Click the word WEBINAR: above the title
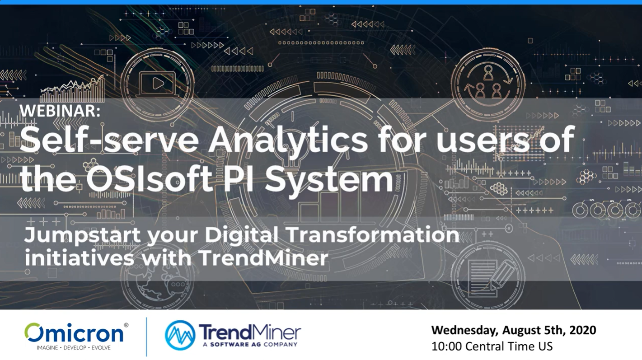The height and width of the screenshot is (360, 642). tap(60, 111)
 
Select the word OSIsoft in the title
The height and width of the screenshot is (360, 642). tap(150, 179)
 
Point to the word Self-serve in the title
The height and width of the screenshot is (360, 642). tap(109, 140)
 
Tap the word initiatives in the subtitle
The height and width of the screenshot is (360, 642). tap(80, 257)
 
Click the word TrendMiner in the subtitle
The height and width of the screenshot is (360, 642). tap(263, 257)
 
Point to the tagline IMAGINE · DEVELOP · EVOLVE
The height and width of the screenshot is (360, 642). tap(74, 348)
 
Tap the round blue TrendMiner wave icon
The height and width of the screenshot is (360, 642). tap(180, 335)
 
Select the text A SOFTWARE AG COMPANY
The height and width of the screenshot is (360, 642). tap(250, 344)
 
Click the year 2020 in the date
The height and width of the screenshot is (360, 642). tap(583, 330)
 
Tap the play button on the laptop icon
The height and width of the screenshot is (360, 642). tap(158, 84)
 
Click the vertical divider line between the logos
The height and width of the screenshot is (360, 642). tap(147, 337)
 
